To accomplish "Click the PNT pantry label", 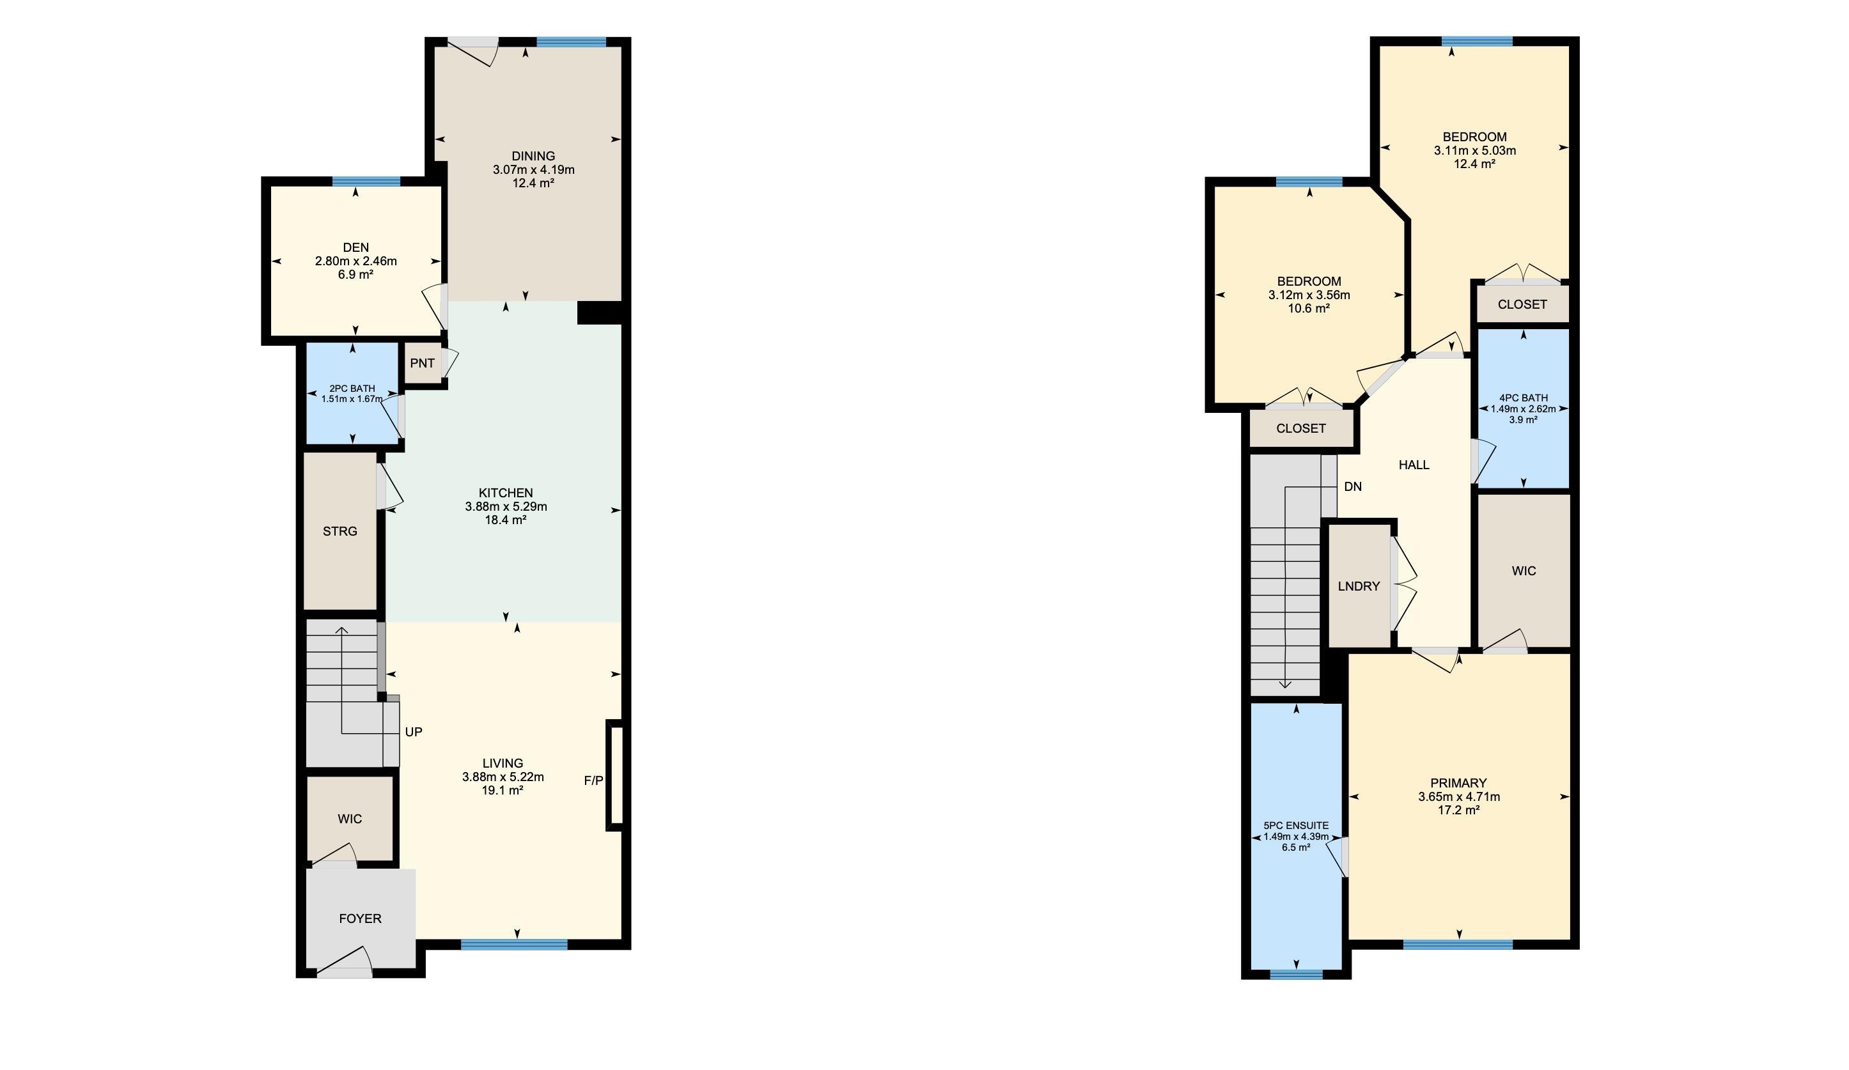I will point(422,363).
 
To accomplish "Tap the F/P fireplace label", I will point(593,780).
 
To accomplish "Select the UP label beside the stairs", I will point(413,732).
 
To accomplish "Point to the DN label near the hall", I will point(1352,486).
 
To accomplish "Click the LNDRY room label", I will point(1358,586).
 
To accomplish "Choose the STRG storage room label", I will point(339,531).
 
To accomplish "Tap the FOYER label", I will point(359,918).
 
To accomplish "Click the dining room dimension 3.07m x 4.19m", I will point(533,169).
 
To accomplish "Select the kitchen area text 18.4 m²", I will point(506,520).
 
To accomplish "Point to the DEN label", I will point(356,247).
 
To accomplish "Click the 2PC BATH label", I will point(352,389).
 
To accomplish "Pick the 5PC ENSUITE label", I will point(1296,825).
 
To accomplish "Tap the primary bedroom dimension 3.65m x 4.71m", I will point(1458,796).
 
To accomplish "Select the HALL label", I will point(1413,464).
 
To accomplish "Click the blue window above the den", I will point(366,181).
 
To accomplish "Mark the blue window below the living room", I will point(513,945).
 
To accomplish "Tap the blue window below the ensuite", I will point(1296,975).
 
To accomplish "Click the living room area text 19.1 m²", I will point(503,791).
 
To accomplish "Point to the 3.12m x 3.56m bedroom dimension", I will point(1309,295).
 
